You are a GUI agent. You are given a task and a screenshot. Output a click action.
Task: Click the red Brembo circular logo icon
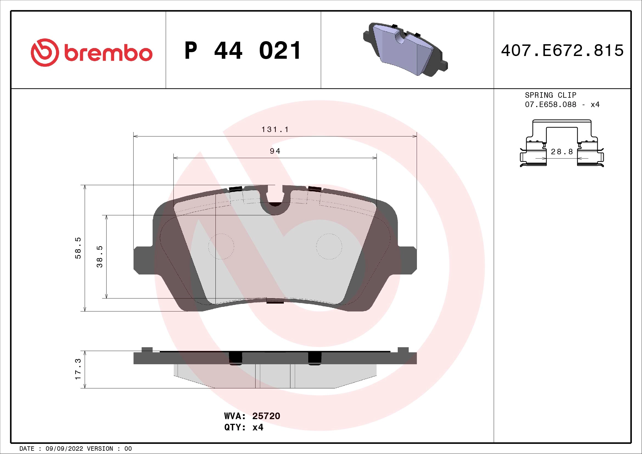point(45,52)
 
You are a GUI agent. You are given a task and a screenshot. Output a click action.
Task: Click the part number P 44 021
point(243,51)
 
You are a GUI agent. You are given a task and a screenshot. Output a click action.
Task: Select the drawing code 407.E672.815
point(562,51)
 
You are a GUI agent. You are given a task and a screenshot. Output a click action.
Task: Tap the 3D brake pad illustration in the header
point(405,50)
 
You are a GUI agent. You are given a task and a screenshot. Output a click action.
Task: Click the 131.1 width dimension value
point(275,130)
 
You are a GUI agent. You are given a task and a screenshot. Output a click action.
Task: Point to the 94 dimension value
point(275,151)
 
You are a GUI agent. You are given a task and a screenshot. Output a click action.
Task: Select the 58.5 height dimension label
point(78,248)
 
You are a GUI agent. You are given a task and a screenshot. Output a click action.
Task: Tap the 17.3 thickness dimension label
point(78,369)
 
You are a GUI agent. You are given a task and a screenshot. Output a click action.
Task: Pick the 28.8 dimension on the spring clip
point(562,152)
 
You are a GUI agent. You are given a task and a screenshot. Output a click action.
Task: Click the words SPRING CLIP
point(550,95)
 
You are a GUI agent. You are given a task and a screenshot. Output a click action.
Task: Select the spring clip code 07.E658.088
point(550,105)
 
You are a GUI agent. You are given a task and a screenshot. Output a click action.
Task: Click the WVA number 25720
point(266,416)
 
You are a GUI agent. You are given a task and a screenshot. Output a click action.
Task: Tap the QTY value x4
point(257,427)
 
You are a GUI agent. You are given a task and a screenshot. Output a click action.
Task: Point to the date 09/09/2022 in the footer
point(64,449)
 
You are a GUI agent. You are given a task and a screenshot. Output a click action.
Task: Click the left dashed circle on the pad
point(221,246)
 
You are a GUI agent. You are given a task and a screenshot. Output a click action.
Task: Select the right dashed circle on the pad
point(329,246)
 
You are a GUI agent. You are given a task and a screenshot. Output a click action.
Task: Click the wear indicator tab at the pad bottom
point(275,301)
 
